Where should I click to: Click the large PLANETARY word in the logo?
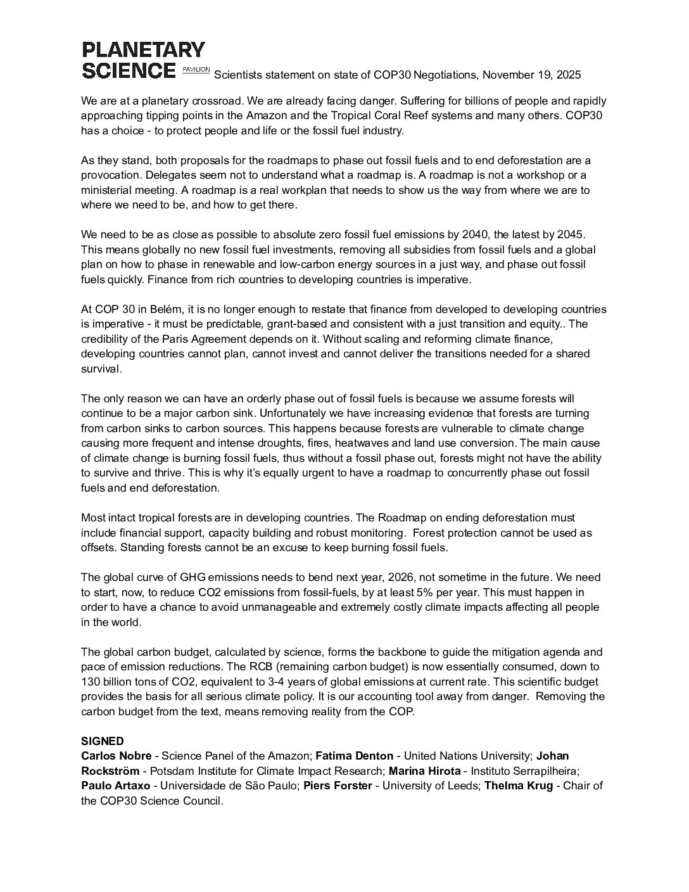click(x=143, y=50)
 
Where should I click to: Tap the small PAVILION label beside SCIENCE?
click(x=196, y=69)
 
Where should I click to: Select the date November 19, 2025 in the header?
click(x=531, y=75)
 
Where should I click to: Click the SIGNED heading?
click(x=103, y=741)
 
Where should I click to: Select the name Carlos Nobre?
click(x=117, y=756)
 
